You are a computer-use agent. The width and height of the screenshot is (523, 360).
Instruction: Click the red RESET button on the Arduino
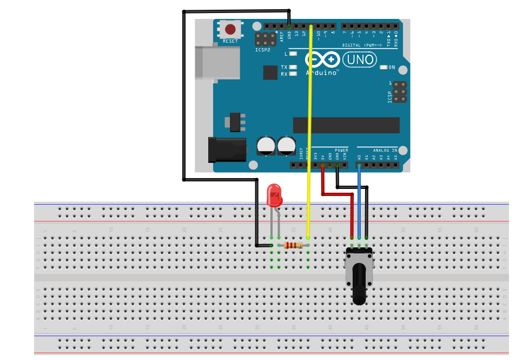tap(230, 29)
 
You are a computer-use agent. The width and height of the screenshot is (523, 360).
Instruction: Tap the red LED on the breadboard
tap(274, 195)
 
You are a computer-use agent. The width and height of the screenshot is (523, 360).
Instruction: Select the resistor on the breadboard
tap(293, 245)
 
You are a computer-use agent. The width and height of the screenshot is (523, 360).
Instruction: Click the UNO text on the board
tap(359, 59)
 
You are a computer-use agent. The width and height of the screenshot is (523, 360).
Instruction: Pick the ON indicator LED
tap(384, 68)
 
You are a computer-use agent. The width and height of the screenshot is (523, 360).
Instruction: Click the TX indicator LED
tap(293, 67)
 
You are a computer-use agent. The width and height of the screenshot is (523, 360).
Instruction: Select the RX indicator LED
tap(293, 74)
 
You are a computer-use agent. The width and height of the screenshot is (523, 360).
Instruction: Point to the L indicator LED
tap(293, 54)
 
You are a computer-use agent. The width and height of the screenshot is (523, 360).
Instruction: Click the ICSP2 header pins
tap(266, 39)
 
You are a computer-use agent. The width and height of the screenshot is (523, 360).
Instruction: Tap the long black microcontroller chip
tap(346, 125)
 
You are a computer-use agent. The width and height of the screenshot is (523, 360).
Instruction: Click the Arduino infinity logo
tap(322, 59)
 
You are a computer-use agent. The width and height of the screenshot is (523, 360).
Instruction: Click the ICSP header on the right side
tap(400, 93)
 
